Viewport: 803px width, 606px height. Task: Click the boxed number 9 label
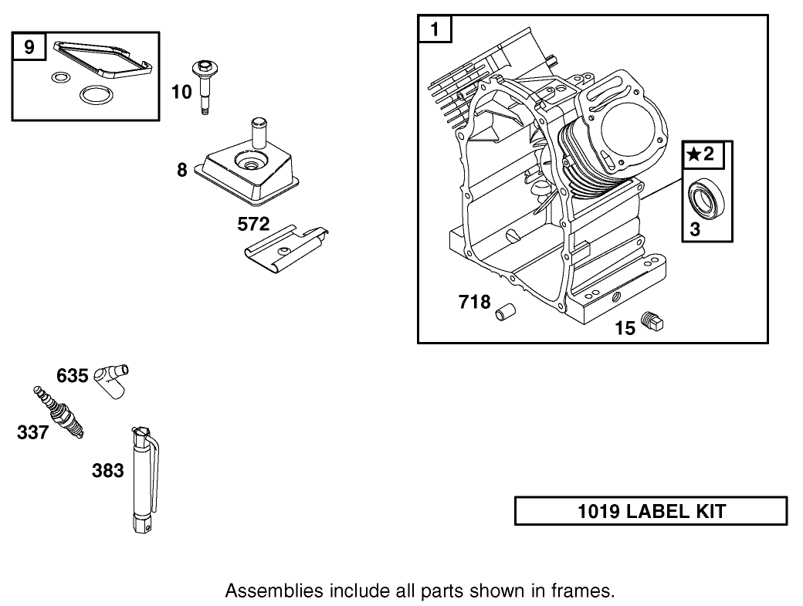point(29,48)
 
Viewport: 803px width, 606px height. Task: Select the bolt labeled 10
point(205,86)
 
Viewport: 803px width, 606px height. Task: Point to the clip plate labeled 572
point(284,248)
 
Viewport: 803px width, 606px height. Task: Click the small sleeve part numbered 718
point(505,312)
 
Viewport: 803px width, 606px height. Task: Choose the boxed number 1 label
point(435,31)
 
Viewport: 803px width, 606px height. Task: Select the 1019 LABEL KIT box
point(651,511)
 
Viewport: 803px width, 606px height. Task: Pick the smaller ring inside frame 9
point(58,77)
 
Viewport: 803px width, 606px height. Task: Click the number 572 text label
point(253,225)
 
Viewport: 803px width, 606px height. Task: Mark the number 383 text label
point(108,470)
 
